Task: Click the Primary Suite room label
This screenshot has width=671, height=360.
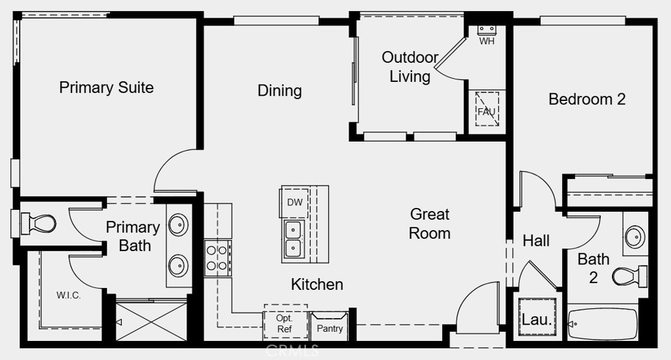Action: click(106, 87)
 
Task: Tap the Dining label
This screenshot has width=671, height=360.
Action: click(279, 90)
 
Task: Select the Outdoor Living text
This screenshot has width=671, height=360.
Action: click(410, 67)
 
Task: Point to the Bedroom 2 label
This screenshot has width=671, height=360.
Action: click(586, 99)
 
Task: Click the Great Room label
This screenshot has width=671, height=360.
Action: click(430, 224)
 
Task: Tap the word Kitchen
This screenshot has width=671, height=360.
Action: click(316, 284)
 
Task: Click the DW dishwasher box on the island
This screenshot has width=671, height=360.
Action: click(295, 203)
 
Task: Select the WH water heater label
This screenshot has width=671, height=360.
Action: click(487, 41)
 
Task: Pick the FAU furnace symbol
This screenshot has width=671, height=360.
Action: click(487, 109)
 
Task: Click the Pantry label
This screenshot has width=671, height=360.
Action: click(330, 329)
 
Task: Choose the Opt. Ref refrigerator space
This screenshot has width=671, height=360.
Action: click(285, 323)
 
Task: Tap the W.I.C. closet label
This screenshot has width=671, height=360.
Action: click(68, 295)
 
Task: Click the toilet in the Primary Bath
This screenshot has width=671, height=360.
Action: click(39, 223)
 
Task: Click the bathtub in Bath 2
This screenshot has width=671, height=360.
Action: click(603, 325)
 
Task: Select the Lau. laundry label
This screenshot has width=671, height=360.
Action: click(537, 319)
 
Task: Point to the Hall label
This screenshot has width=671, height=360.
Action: click(536, 241)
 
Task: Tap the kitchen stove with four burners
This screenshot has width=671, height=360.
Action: click(218, 258)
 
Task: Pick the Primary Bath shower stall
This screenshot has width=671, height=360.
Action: click(151, 321)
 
